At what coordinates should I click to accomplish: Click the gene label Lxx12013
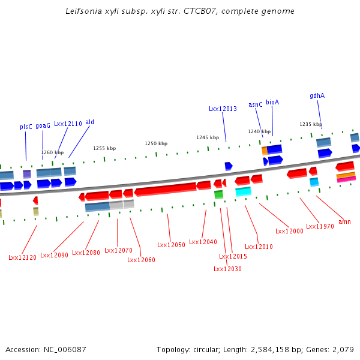[223, 109]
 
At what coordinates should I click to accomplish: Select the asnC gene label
[256, 104]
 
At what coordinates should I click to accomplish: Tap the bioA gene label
[272, 102]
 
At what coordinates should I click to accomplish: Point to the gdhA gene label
[317, 95]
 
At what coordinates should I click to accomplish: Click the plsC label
[26, 127]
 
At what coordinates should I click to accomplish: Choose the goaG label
[43, 126]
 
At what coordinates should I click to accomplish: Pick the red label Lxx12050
[171, 245]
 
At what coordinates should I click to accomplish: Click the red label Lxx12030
[227, 269]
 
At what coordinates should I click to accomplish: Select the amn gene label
[344, 221]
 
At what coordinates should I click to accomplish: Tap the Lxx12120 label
[22, 257]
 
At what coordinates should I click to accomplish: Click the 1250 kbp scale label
[156, 143]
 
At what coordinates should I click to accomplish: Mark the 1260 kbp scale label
[52, 152]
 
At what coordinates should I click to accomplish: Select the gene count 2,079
[343, 349]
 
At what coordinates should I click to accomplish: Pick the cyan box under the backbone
[243, 191]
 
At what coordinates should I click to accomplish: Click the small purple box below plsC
[27, 174]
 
